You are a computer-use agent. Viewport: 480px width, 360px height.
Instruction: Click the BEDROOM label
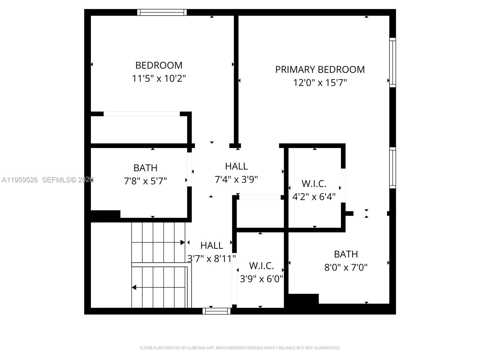(x=159, y=65)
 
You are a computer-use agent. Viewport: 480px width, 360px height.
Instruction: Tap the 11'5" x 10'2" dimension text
(x=159, y=79)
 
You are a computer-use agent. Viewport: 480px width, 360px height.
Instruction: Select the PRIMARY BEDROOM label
(x=320, y=70)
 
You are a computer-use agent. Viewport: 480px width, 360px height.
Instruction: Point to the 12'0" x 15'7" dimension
(x=320, y=83)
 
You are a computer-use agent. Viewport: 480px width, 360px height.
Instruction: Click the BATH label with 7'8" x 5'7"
(x=145, y=168)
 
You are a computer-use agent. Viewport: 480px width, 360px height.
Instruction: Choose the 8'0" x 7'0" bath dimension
(x=346, y=267)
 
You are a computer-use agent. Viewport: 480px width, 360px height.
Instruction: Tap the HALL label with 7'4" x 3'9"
(x=236, y=166)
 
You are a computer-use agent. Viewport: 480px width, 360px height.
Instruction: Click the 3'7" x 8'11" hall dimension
(x=211, y=259)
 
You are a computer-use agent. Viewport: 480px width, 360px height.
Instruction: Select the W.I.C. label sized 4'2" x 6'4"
(x=314, y=184)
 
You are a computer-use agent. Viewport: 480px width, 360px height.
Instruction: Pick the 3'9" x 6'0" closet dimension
(x=261, y=279)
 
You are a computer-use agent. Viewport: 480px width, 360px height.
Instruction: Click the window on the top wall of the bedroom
(x=162, y=12)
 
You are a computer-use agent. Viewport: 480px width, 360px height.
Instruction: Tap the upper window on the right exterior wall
(x=392, y=62)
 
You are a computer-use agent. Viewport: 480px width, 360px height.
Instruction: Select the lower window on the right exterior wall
(x=392, y=168)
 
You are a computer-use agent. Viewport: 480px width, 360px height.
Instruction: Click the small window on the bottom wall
(x=216, y=311)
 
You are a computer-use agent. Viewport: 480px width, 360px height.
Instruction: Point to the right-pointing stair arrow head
(x=182, y=242)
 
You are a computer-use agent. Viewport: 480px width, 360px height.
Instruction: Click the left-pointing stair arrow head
(x=134, y=287)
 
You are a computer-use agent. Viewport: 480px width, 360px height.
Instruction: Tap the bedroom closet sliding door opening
(x=142, y=114)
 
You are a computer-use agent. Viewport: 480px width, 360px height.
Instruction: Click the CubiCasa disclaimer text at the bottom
(x=240, y=348)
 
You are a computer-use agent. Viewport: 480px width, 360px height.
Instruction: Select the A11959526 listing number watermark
(x=20, y=180)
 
